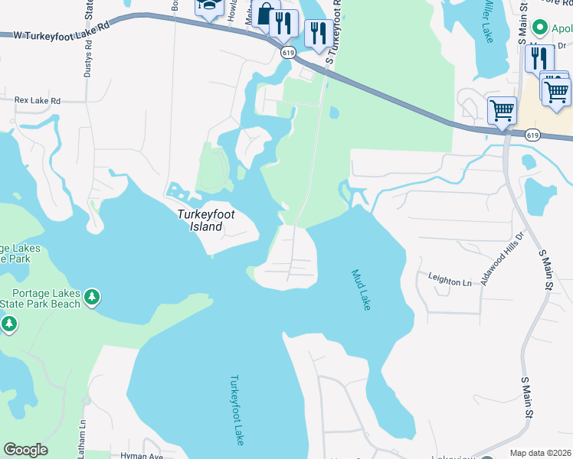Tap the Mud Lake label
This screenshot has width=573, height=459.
point(361,290)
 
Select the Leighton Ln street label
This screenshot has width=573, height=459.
point(450,282)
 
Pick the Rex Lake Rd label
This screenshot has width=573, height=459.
point(38,100)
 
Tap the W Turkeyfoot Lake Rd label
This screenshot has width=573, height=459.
point(57,34)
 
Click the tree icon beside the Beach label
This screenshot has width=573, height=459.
point(92,296)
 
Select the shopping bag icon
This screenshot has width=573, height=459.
point(266,15)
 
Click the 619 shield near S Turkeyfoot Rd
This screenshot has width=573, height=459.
point(287,52)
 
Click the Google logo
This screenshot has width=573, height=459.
point(25,450)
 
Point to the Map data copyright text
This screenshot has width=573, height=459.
point(540,453)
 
